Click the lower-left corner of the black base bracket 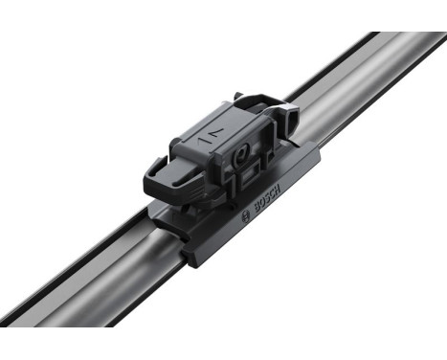click(x=196, y=258)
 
